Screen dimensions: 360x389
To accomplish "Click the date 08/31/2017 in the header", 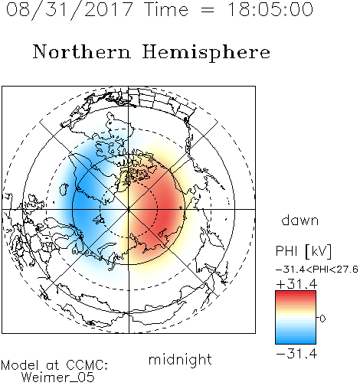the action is point(69,10).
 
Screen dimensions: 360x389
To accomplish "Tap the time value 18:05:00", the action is point(270,9).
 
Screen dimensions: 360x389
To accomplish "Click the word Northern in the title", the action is point(82,51).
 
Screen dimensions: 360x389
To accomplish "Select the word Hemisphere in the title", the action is point(206,53).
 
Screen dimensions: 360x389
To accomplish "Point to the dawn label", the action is point(300,220).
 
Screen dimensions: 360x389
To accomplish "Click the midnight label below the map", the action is point(180,361).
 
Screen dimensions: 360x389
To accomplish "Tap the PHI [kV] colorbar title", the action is point(303,251).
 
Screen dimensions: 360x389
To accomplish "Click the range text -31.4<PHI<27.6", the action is point(317,270).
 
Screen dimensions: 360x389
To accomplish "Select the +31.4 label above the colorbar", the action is point(296,284).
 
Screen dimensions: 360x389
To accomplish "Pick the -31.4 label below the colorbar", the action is point(296,354).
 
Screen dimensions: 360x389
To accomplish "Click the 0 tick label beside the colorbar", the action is point(322,319).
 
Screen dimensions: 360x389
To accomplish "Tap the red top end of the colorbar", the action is point(296,293).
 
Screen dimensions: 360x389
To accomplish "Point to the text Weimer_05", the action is point(58,378).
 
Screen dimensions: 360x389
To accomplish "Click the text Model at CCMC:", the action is point(54,365).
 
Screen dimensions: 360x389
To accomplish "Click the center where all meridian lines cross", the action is point(129,209).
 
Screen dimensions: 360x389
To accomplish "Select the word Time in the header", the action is point(166,9).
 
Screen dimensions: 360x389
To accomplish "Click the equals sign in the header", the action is point(208,10).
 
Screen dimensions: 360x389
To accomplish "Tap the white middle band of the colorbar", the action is point(296,318).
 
